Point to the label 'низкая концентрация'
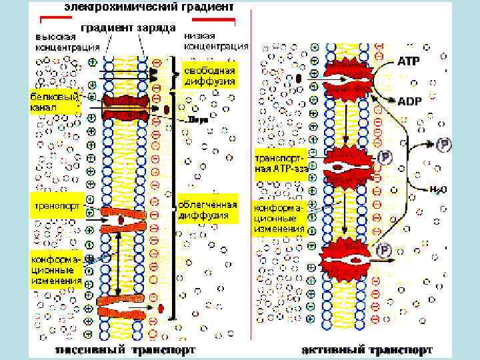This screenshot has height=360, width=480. pyautogui.click(x=215, y=41)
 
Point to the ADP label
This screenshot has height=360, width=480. pyautogui.click(x=409, y=101)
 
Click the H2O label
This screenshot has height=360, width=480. pyautogui.click(x=438, y=189)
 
